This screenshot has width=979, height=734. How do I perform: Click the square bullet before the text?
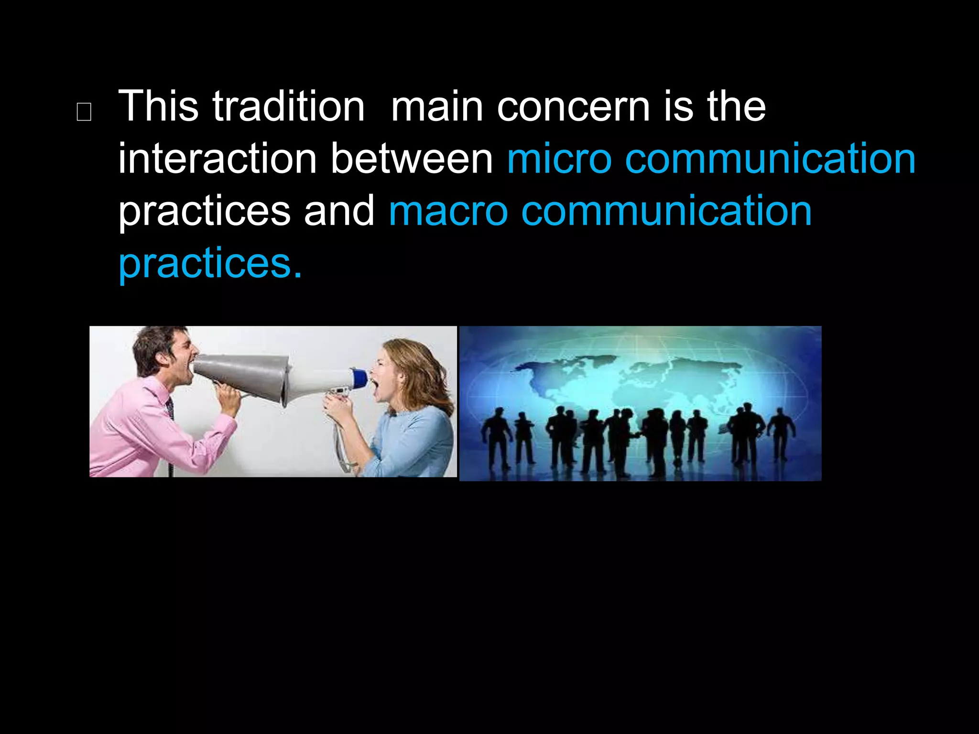84,112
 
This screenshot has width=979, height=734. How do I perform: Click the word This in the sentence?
158,106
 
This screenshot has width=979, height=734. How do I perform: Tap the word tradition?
288,106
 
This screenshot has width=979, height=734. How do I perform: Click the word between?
412,159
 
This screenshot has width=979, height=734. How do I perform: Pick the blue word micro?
559,159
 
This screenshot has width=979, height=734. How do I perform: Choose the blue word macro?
448,211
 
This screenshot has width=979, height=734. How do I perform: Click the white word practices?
204,212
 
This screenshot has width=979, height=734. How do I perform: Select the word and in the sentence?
339,211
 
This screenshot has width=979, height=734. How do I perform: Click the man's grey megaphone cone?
244,375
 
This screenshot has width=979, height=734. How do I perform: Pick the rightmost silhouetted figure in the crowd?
780,432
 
